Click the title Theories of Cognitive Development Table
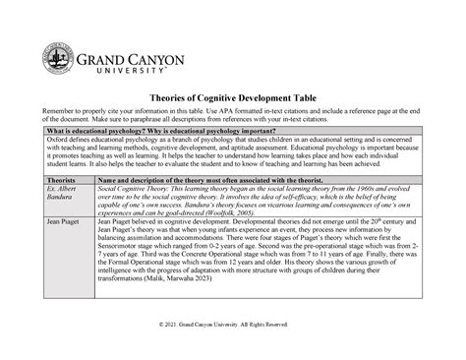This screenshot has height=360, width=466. coord(233,99)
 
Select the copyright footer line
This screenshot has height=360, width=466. coord(233,351)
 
